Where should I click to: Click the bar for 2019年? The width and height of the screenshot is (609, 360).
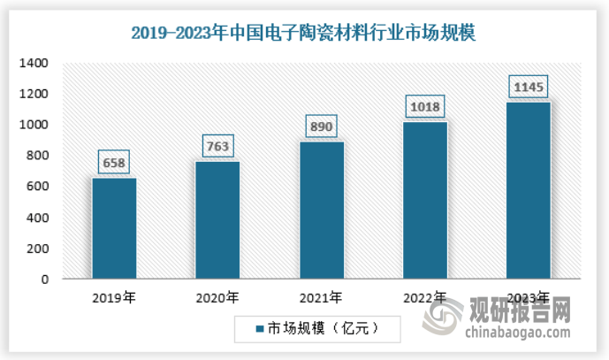(x=114, y=228)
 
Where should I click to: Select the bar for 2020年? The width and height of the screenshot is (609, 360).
(x=217, y=220)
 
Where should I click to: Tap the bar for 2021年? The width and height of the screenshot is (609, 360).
(x=321, y=211)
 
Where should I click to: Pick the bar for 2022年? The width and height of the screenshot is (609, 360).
(x=424, y=201)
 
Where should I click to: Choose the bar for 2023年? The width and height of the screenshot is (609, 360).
(x=528, y=191)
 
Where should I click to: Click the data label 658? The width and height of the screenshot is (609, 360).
(x=114, y=164)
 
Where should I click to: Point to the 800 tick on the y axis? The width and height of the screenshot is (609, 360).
(x=40, y=156)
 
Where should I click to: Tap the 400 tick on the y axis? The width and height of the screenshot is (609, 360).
(x=40, y=218)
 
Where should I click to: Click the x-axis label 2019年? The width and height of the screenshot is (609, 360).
(x=114, y=297)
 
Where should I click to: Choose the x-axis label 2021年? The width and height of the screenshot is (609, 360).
(x=321, y=297)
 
